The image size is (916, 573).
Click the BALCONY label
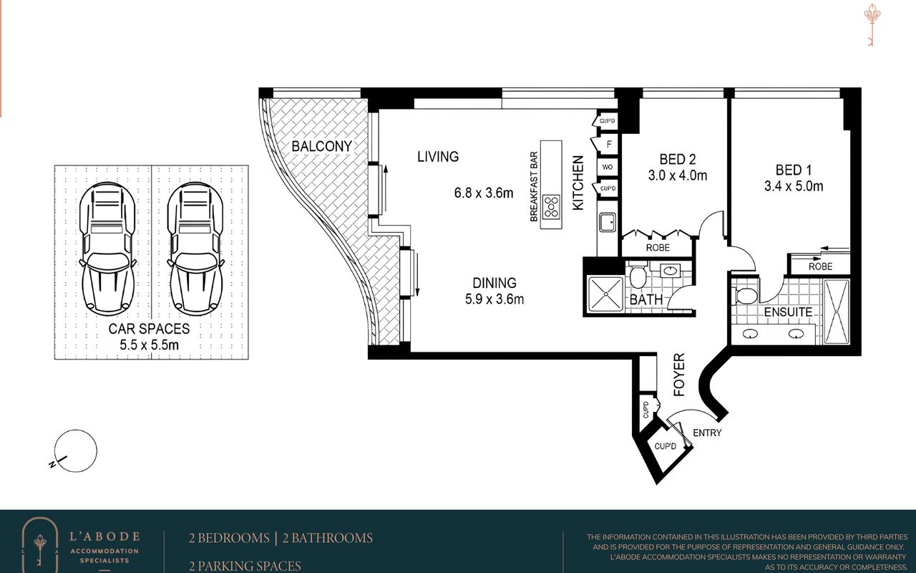[x=321, y=146]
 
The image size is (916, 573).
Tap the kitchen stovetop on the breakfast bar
[x=551, y=207]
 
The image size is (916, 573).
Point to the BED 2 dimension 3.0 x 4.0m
[x=678, y=175]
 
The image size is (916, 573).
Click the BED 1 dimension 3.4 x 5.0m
[x=794, y=186]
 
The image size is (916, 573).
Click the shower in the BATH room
[x=605, y=294]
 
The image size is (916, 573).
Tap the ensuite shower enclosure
[x=837, y=312]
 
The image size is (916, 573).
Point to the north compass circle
[x=76, y=451]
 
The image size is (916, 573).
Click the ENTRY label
[x=707, y=433]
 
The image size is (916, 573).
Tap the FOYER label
[x=679, y=375]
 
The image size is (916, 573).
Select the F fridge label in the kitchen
[x=609, y=144]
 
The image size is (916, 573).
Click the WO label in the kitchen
[x=608, y=167]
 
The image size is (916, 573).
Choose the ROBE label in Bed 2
[x=658, y=248]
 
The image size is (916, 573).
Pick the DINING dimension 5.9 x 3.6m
[x=494, y=299]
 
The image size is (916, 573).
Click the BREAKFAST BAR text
[x=534, y=187]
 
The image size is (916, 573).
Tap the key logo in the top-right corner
[x=872, y=25]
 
